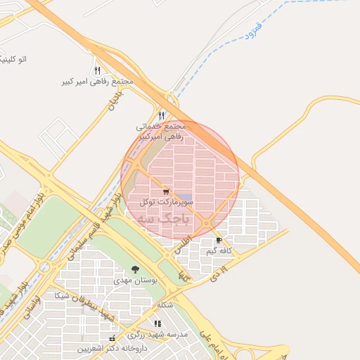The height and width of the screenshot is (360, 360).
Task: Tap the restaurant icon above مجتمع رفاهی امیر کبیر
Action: pos(97,70)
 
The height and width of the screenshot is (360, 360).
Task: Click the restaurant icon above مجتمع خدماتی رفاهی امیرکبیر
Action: pos(162,115)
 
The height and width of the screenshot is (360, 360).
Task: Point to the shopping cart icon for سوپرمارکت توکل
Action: pos(166,191)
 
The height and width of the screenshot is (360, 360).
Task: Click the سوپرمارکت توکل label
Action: pos(166,202)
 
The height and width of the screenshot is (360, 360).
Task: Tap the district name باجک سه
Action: pos(165,219)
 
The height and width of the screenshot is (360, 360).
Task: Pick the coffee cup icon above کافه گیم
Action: pos(219,240)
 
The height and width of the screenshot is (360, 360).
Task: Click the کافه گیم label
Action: pos(219,250)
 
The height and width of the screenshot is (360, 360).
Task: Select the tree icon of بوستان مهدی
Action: pos(135,269)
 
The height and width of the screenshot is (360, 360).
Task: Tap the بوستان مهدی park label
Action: pos(132,280)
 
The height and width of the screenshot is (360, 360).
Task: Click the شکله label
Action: pos(165,304)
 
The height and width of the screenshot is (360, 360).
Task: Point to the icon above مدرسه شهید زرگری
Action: pos(157,323)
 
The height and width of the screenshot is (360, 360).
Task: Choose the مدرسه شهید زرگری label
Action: pos(163,334)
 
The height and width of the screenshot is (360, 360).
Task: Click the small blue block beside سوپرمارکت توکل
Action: pos(184,196)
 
